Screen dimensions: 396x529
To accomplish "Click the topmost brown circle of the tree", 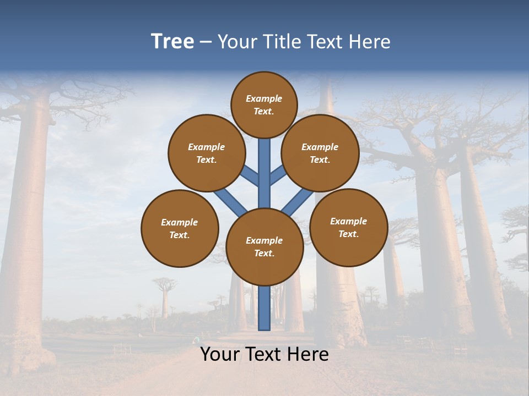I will click(264, 105).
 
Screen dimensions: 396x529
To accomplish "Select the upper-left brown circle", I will click(207, 153).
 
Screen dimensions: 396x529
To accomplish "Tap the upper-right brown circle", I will click(320, 153).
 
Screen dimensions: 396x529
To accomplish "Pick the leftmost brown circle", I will click(180, 228).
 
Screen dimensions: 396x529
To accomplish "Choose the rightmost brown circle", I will click(349, 227).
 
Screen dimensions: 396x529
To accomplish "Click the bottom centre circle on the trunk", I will click(264, 247).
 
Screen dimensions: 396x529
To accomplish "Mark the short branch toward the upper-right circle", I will click(277, 175).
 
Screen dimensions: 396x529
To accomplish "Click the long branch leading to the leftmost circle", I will click(230, 202).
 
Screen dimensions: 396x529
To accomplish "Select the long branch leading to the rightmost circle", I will click(298, 201).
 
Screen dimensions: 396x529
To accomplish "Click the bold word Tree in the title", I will click(172, 41).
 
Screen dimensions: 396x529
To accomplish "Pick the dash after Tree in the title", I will click(205, 42).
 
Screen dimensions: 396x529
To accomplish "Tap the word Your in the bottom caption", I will click(219, 354).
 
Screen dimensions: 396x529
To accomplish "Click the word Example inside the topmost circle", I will click(264, 98).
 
